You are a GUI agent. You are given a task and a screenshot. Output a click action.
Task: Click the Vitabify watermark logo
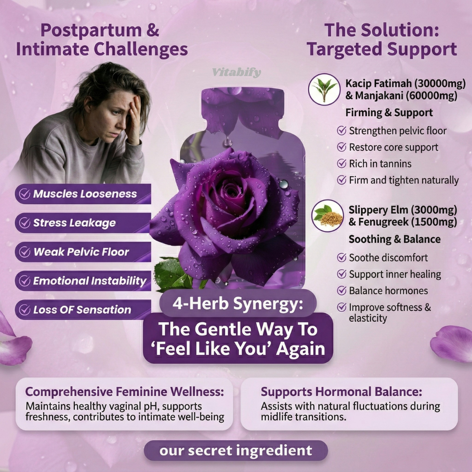point(236,72)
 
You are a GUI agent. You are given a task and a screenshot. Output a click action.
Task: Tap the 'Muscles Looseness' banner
point(83,194)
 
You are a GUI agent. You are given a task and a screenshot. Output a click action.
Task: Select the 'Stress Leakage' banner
point(83,223)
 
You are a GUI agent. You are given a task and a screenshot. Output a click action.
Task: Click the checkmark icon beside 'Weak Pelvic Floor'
point(24,252)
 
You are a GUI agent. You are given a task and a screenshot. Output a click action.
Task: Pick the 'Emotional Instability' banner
point(83,281)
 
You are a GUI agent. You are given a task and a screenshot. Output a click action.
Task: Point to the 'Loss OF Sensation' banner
point(83,310)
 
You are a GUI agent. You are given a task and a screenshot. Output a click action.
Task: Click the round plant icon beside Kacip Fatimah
point(324,90)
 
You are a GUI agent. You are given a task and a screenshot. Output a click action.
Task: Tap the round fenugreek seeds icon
point(327,215)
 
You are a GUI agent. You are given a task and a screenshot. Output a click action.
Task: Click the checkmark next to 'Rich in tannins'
point(341,163)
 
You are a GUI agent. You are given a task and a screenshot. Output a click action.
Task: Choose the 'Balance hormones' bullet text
point(389,291)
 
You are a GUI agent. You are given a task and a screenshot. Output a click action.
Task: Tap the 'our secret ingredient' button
point(236,451)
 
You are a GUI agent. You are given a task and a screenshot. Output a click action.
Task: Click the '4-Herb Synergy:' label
point(238,303)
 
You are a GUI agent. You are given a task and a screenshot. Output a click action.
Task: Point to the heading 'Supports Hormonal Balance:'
point(341,392)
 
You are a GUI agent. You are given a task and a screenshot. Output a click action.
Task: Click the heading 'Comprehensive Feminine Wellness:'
point(125,392)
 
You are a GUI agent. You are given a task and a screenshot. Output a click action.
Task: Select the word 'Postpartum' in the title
point(91,31)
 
